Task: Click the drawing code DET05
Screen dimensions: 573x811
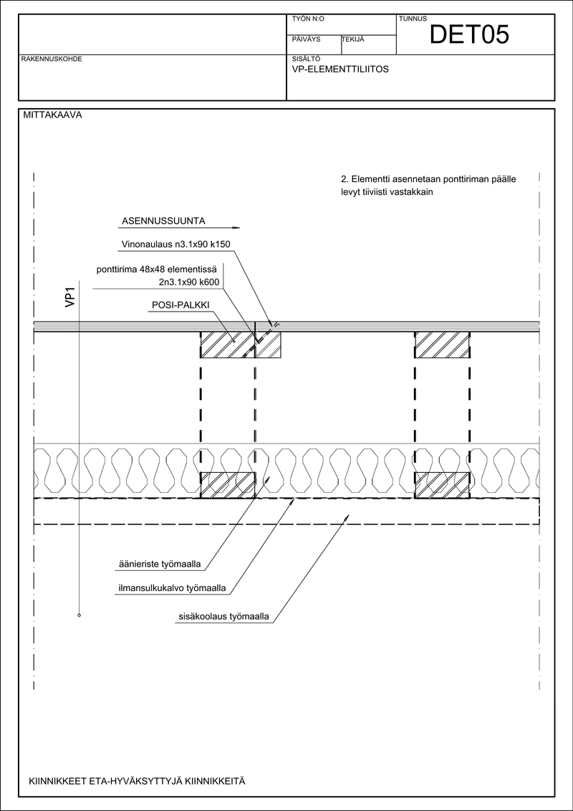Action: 469,34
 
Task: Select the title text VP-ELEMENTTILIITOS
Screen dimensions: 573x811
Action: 340,69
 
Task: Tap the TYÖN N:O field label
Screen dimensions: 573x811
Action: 308,19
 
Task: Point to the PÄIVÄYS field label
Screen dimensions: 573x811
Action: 306,39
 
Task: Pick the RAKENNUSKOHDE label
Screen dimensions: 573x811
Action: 51,59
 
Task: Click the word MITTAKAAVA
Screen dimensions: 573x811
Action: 53,115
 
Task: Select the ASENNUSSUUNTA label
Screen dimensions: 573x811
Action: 163,221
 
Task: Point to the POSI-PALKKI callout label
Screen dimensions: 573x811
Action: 180,306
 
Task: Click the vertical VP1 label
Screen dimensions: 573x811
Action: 70,299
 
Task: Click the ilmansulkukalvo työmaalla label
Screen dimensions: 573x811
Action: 173,589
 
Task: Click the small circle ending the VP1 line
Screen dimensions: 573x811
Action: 79,615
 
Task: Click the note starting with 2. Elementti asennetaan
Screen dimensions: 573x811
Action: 429,185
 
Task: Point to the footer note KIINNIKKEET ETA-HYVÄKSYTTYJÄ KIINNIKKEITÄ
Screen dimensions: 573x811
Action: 138,781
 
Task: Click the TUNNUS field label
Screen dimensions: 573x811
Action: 413,19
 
